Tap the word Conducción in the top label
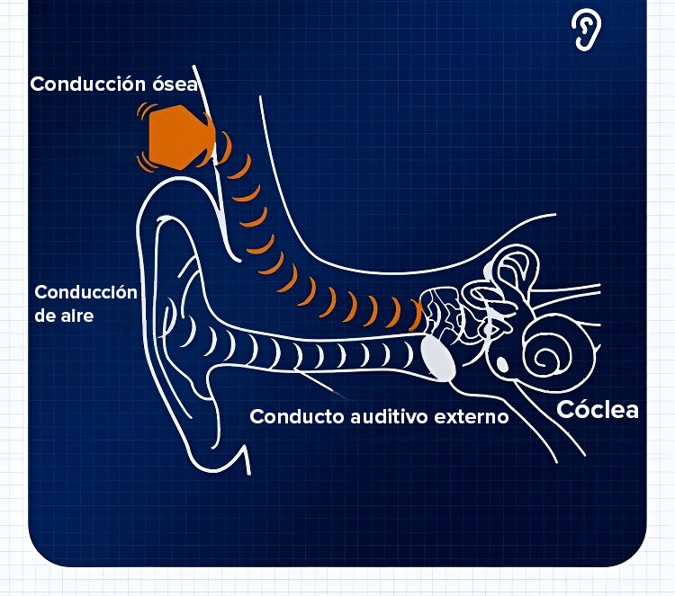tap(87, 85)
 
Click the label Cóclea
tap(598, 410)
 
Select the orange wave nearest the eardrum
tap(416, 314)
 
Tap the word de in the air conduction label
tap(44, 316)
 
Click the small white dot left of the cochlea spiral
tap(500, 362)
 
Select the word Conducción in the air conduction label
tap(85, 293)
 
